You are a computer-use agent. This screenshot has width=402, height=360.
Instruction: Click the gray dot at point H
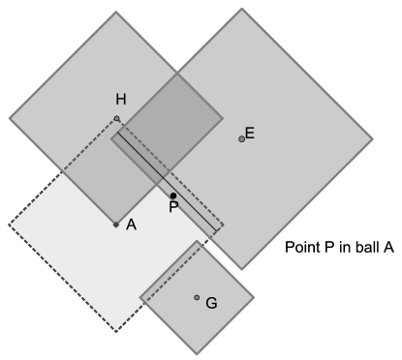coord(116,119)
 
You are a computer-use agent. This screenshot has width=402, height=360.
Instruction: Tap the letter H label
coord(120,100)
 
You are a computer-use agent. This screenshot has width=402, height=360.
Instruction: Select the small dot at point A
coord(116,225)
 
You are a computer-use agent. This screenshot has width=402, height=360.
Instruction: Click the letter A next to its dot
coord(131,225)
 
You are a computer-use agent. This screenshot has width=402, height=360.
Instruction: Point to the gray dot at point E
coord(242,139)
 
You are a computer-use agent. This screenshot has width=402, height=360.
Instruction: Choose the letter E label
coord(250,134)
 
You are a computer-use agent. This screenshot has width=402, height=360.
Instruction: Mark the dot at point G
coord(197,297)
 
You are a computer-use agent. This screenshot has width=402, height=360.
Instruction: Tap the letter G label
coord(211,303)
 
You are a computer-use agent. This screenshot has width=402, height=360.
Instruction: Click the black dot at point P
coord(173,195)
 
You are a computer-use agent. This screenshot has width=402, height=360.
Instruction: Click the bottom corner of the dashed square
coord(116,332)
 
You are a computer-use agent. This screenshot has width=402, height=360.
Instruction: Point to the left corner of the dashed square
coord(9,225)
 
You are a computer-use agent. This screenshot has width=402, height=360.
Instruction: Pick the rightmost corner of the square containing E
coord(372,140)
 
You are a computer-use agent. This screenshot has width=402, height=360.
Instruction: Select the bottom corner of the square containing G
coord(197,352)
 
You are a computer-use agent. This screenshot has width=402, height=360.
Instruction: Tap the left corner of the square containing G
coord(140,296)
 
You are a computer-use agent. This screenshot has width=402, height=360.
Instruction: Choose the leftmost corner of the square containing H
coord(10,119)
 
